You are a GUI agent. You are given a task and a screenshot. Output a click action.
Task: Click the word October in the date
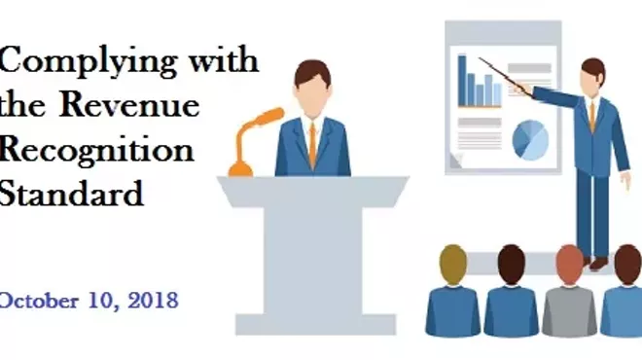[x=40, y=300]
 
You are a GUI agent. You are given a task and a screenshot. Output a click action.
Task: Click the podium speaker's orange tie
[x=312, y=145]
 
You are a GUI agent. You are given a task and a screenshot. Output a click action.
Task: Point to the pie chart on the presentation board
[x=530, y=137]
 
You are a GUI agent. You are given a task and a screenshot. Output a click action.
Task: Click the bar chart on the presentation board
[x=479, y=83]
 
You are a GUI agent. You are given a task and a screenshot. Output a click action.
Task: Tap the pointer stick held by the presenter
[x=506, y=75]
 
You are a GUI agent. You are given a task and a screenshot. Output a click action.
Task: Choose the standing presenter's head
[x=592, y=74]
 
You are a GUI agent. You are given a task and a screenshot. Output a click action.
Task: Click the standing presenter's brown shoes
[x=595, y=262]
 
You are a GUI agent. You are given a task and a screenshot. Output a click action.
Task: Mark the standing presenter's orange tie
[x=591, y=115]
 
